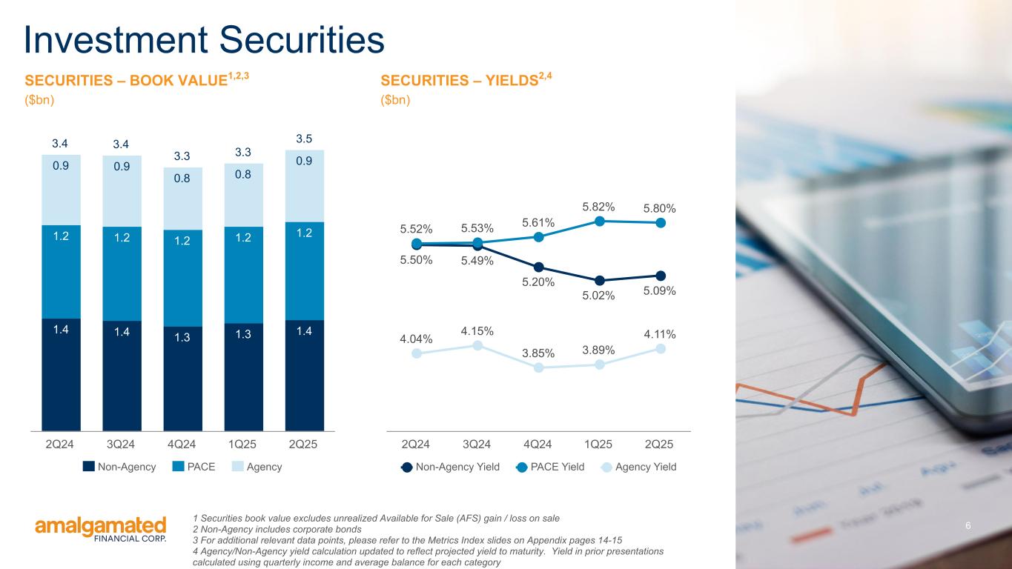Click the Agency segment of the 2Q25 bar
tap(304, 185)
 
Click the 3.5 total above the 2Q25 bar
tap(304, 139)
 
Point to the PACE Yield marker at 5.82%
tap(599, 220)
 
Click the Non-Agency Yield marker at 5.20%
tap(538, 267)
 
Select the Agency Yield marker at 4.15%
tap(477, 345)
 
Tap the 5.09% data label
tap(659, 291)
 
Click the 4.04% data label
tap(417, 339)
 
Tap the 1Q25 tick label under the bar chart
tap(242, 445)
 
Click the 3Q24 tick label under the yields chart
tap(476, 445)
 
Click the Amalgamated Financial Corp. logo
tap(101, 530)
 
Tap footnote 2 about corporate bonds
tap(277, 530)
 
